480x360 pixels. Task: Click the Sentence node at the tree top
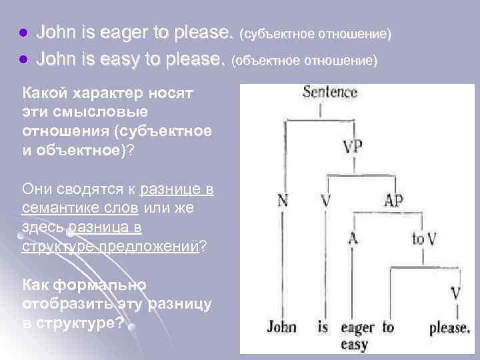pyautogui.click(x=330, y=92)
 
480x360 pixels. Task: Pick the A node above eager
pyautogui.click(x=353, y=238)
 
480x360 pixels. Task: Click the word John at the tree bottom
pyautogui.click(x=282, y=327)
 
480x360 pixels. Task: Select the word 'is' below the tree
pyautogui.click(x=323, y=327)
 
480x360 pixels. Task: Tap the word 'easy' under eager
pyautogui.click(x=354, y=345)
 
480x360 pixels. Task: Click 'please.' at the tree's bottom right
pyautogui.click(x=450, y=328)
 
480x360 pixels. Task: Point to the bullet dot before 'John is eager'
pyautogui.click(x=24, y=32)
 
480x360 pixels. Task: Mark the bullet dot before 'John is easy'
pyautogui.click(x=24, y=60)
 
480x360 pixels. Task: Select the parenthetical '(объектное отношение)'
pyautogui.click(x=304, y=61)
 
